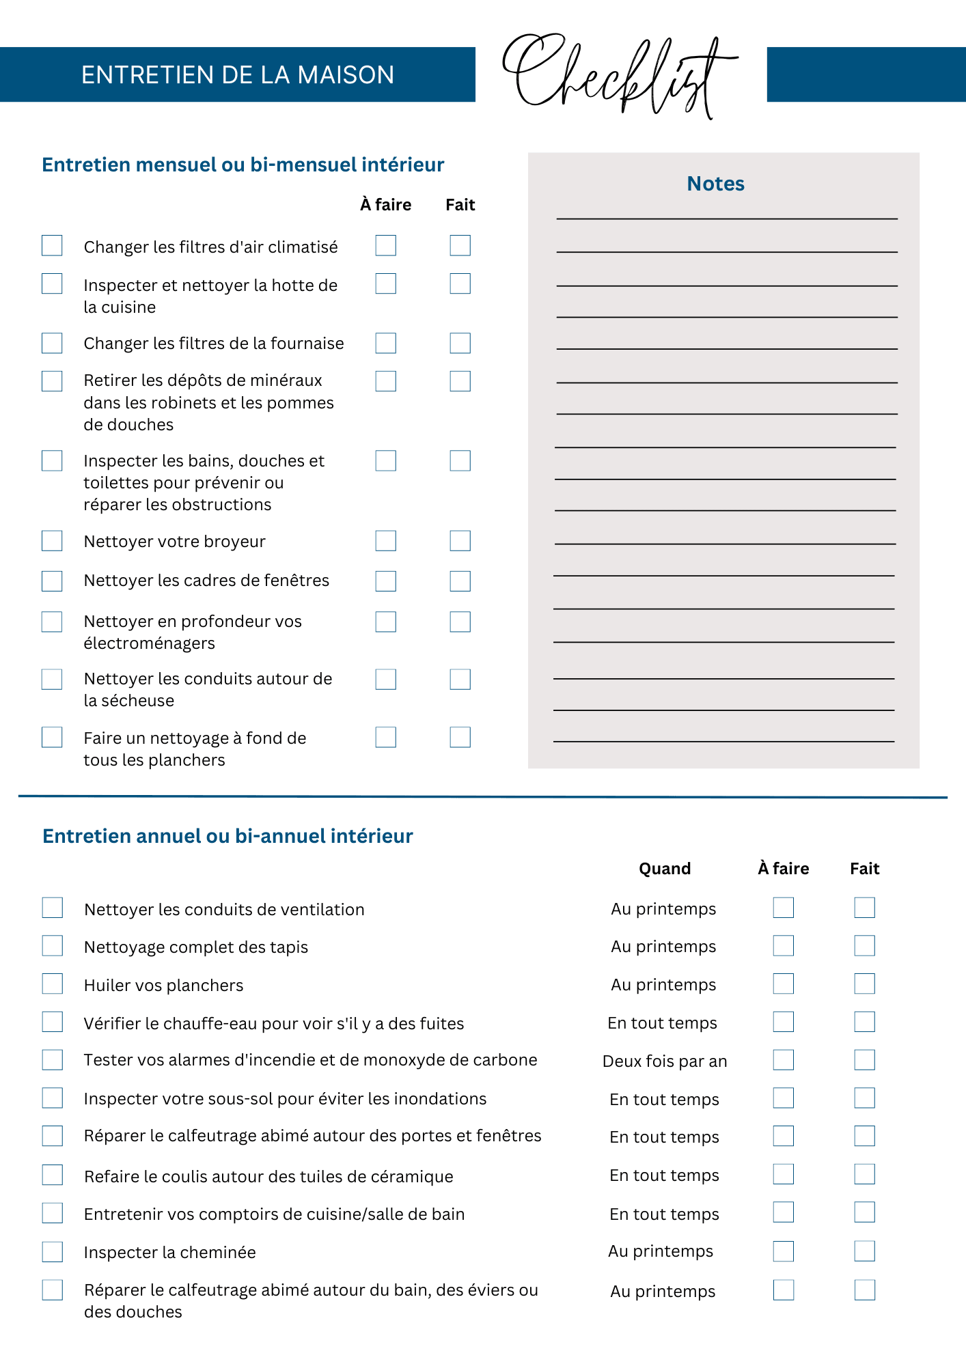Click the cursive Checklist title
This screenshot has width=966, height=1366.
pyautogui.click(x=618, y=74)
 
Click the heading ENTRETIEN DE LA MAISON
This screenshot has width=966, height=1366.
pyautogui.click(x=238, y=74)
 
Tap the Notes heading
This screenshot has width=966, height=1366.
pyautogui.click(x=715, y=184)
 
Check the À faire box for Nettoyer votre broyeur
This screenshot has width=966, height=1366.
pyautogui.click(x=386, y=541)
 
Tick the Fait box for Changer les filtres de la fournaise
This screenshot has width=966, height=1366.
pyautogui.click(x=460, y=343)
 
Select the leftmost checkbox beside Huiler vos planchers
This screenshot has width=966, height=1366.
pyautogui.click(x=53, y=984)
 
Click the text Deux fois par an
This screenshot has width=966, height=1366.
pyautogui.click(x=665, y=1061)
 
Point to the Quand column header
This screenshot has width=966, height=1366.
pyautogui.click(x=665, y=869)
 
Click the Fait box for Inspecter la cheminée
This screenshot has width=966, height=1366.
pyautogui.click(x=864, y=1251)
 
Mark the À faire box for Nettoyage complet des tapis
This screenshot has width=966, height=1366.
pyautogui.click(x=784, y=946)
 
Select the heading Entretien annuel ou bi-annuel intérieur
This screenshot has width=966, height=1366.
pyautogui.click(x=227, y=836)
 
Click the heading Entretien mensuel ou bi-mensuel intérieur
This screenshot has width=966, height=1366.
pyautogui.click(x=243, y=165)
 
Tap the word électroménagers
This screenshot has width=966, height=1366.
pyautogui.click(x=149, y=643)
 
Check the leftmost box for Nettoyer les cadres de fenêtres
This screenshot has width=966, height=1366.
pyautogui.click(x=52, y=581)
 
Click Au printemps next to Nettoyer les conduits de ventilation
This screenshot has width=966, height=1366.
pyautogui.click(x=663, y=909)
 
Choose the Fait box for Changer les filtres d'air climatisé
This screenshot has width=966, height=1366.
pyautogui.click(x=460, y=246)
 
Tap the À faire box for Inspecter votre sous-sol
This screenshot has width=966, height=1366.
pyautogui.click(x=784, y=1098)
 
